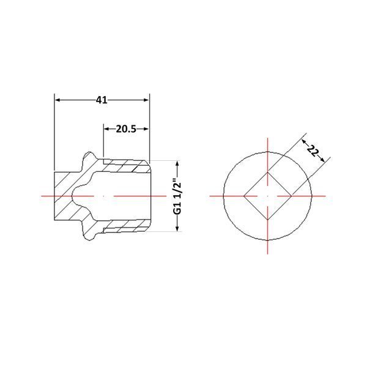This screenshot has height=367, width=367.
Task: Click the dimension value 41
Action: point(102,100)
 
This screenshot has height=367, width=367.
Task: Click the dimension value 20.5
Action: point(126,129)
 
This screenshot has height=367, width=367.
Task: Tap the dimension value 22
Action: point(313,150)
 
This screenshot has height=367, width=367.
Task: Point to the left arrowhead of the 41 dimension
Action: point(57,100)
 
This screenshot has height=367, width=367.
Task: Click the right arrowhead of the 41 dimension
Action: point(146,100)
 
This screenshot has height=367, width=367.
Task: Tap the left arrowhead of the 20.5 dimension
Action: point(106,129)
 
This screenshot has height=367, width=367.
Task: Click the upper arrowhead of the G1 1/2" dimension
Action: point(177,163)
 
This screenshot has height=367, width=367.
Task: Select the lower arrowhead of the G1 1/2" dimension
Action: point(177,229)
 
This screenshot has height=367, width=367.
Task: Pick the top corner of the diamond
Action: point(267,172)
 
